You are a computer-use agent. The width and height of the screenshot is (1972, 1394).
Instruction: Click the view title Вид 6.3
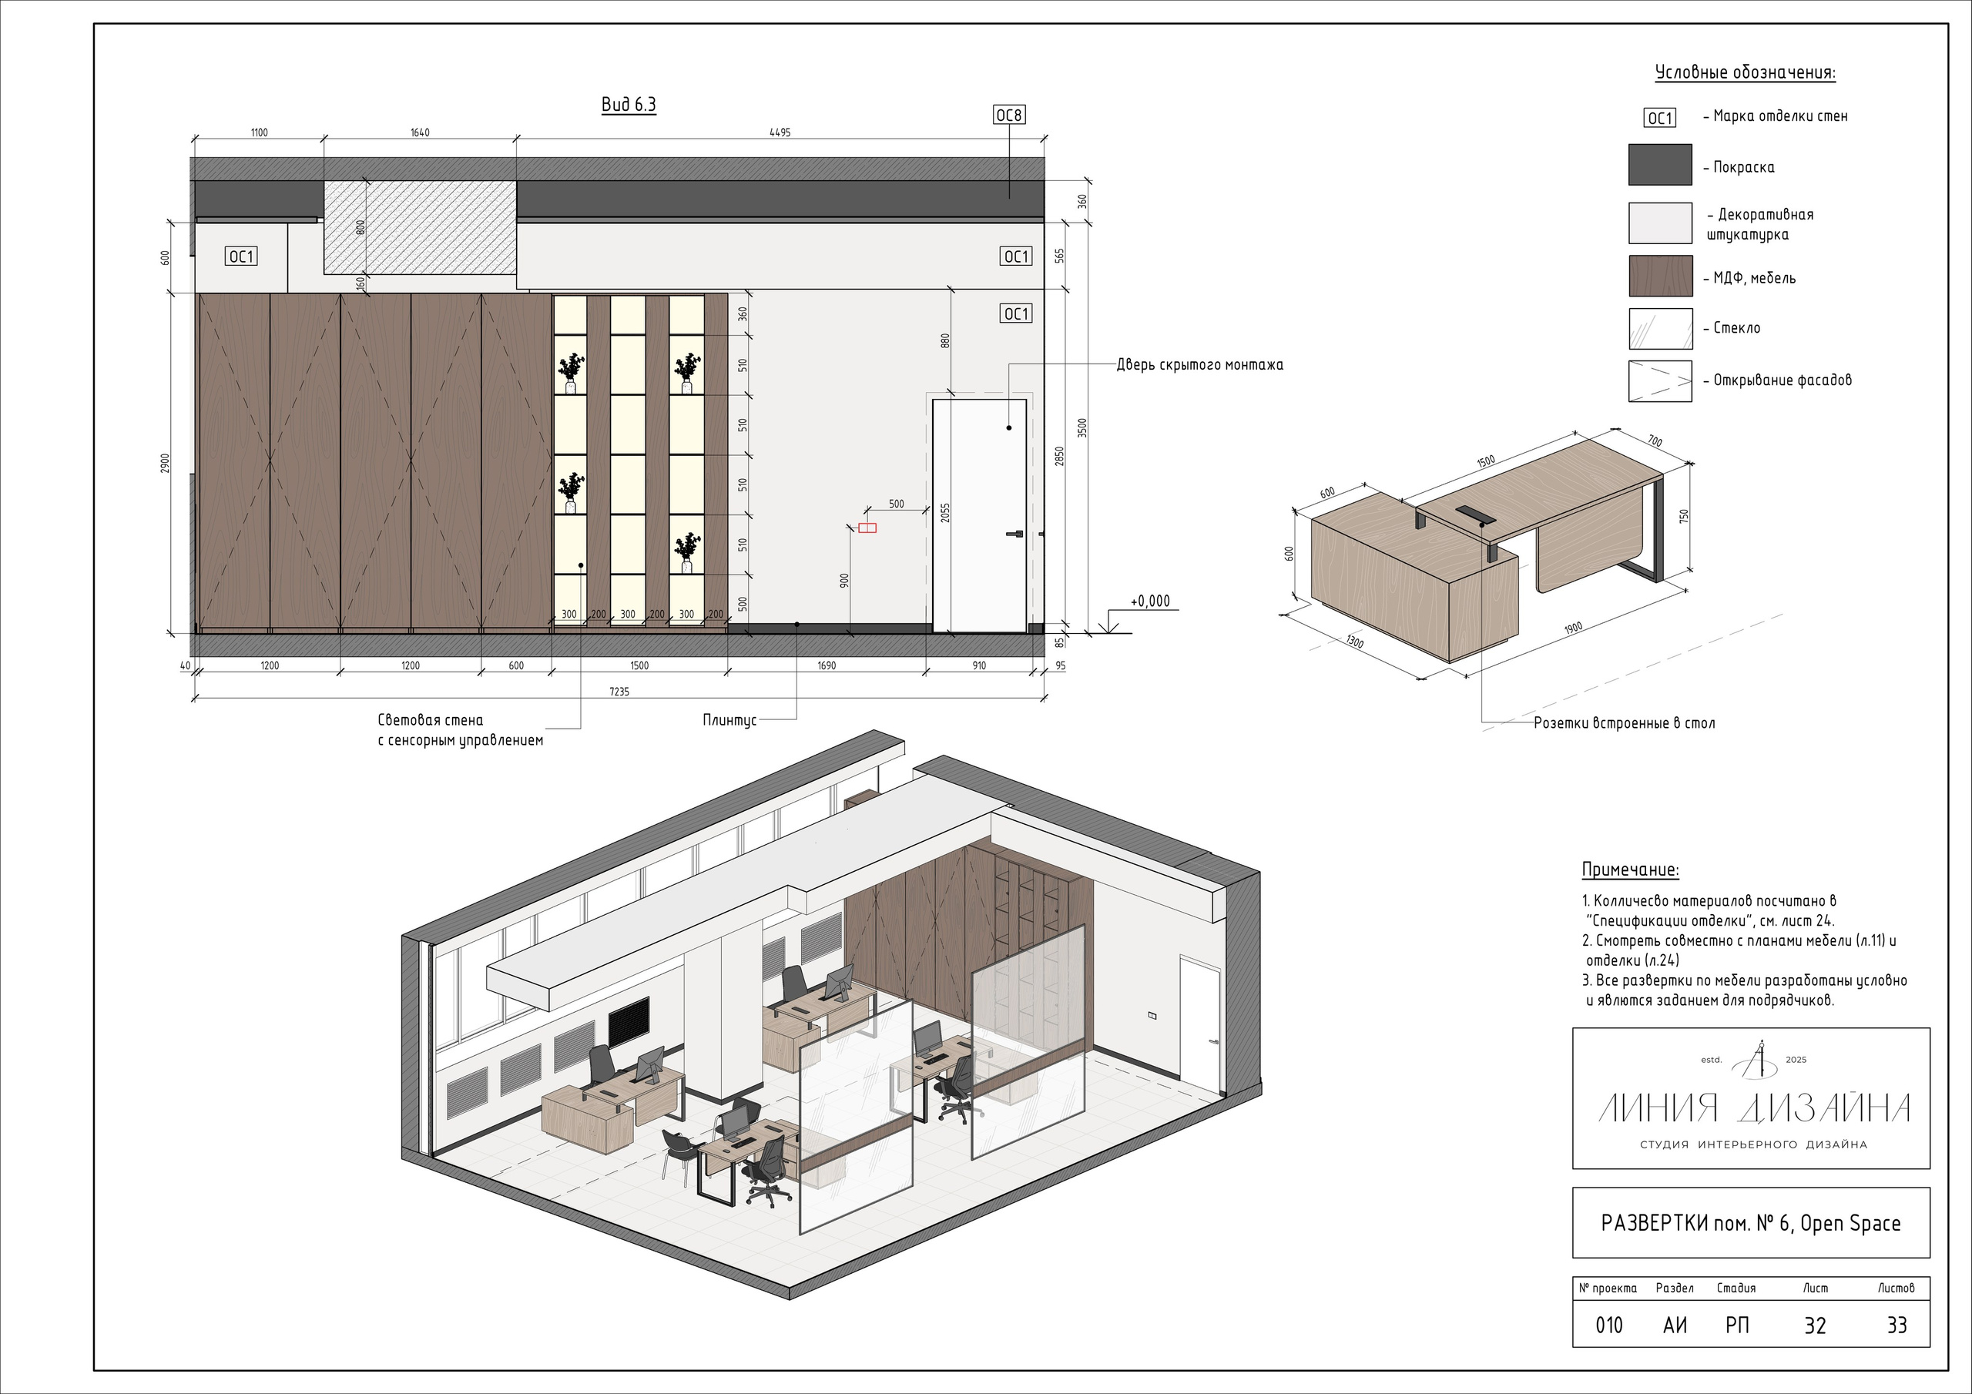click(x=629, y=105)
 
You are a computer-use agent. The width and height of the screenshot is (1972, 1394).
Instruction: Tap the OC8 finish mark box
click(x=1009, y=115)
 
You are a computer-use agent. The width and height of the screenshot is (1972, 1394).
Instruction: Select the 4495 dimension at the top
click(x=780, y=132)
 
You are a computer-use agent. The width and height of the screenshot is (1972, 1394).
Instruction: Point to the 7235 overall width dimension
click(x=619, y=692)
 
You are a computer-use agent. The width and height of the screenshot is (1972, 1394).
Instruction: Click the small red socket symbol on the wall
click(x=867, y=528)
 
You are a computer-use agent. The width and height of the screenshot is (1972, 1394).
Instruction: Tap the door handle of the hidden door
click(x=1015, y=534)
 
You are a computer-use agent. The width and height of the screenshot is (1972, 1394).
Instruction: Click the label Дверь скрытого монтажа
click(x=1200, y=365)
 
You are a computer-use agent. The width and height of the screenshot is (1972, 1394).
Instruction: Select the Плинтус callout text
click(x=729, y=721)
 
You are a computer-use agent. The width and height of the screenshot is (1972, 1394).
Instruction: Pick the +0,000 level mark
click(x=1149, y=601)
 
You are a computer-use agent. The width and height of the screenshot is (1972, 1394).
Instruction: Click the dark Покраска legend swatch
click(x=1660, y=165)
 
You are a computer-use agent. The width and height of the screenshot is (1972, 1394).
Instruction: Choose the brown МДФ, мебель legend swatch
click(x=1660, y=276)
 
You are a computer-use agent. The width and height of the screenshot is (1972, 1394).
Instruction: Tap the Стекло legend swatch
click(x=1660, y=329)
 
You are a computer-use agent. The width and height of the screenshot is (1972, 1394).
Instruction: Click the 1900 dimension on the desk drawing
click(x=1573, y=628)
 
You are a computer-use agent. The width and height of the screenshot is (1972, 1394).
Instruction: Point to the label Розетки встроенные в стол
click(x=1624, y=723)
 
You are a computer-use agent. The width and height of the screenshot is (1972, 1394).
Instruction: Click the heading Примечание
click(x=1630, y=870)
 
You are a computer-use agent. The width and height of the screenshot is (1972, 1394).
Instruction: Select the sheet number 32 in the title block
click(x=1815, y=1326)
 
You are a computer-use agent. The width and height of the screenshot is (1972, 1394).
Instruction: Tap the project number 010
click(x=1608, y=1326)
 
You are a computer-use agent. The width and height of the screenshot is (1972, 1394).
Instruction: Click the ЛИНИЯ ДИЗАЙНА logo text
click(x=1753, y=1108)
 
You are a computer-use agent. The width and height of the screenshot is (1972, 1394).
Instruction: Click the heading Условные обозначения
click(x=1745, y=73)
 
